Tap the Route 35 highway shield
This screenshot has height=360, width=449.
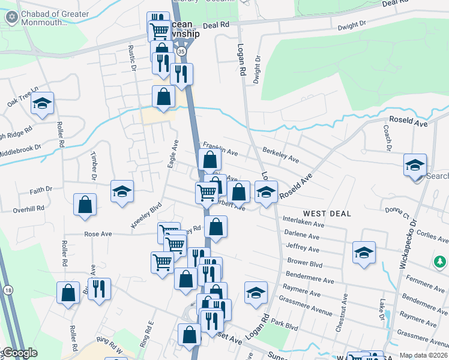click(x=181, y=52)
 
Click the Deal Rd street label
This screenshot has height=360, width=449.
click(x=216, y=25)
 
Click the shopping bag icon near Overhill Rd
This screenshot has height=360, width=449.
click(x=85, y=205)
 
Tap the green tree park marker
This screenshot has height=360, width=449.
click(x=440, y=262)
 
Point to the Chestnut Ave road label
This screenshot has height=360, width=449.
click(x=345, y=307)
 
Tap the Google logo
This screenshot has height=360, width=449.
click(x=20, y=353)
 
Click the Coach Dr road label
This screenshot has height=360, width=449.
click(x=388, y=137)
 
